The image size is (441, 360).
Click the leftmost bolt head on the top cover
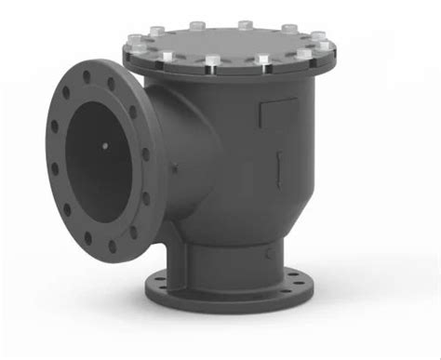coord(131,45)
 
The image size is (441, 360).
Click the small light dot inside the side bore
coord(103,144)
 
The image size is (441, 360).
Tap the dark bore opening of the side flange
coord(98,158)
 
